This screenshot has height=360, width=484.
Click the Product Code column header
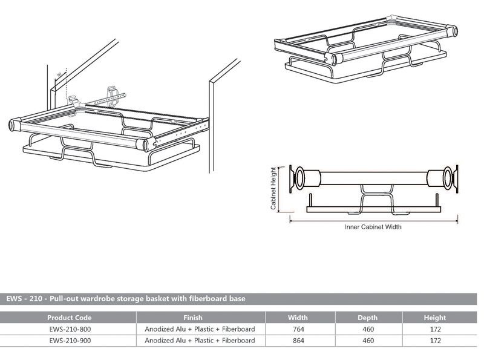tap(69, 318)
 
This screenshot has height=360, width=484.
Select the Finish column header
tap(192, 318)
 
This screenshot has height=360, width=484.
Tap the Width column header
tap(298, 318)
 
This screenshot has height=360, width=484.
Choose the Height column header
tap(434, 318)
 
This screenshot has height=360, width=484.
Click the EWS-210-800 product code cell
tap(69, 329)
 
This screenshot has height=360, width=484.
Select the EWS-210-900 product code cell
tap(69, 341)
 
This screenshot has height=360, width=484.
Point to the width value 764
tap(298, 329)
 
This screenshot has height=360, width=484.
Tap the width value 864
tap(298, 341)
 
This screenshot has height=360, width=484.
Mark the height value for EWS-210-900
tap(434, 341)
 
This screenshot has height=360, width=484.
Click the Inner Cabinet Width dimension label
tap(373, 227)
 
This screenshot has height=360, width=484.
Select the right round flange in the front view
tap(447, 178)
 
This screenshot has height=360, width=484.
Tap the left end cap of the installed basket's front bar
tap(12, 125)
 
